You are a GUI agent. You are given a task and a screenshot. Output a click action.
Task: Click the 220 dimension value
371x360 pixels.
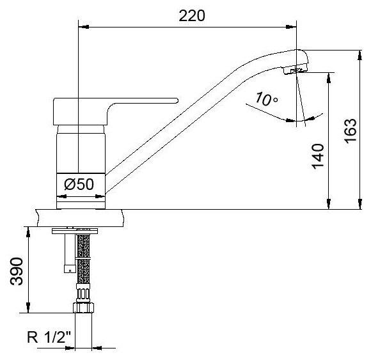pos(192,16)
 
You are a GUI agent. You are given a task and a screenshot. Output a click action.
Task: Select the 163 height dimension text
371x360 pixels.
pos(351,130)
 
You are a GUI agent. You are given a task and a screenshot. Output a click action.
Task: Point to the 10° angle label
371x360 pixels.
pos(266,98)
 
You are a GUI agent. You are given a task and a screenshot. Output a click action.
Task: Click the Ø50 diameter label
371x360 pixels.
pos(79,184)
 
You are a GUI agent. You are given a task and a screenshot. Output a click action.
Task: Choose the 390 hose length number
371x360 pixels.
pos(17,271)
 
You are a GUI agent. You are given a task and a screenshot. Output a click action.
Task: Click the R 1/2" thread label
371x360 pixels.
pos(49,337)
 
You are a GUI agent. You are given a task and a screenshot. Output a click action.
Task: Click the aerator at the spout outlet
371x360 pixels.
pos(294,71)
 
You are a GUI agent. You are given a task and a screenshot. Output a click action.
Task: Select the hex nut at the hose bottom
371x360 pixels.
pos(83,308)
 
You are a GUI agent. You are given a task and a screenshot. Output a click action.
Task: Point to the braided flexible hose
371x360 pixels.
pos(84,259)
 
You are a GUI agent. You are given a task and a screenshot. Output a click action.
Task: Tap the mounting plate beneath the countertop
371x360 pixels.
pos(75,231)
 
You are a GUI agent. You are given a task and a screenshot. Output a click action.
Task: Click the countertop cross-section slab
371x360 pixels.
pos(80,218)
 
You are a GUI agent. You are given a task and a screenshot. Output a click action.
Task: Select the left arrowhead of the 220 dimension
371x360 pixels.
pos(84,27)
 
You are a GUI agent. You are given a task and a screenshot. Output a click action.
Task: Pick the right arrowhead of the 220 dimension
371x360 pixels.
pos(291,27)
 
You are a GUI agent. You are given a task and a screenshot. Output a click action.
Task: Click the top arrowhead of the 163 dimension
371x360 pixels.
pos(360,56)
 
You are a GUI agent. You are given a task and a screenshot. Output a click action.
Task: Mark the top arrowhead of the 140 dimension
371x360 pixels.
pos(328,78)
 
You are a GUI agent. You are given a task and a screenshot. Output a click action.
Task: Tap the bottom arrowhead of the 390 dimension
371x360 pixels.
pos(28,308)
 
